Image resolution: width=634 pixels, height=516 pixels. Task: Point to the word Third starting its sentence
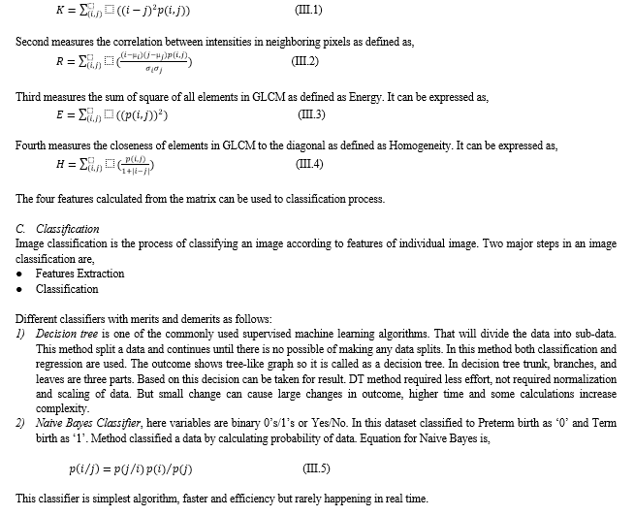pyautogui.click(x=29, y=97)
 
